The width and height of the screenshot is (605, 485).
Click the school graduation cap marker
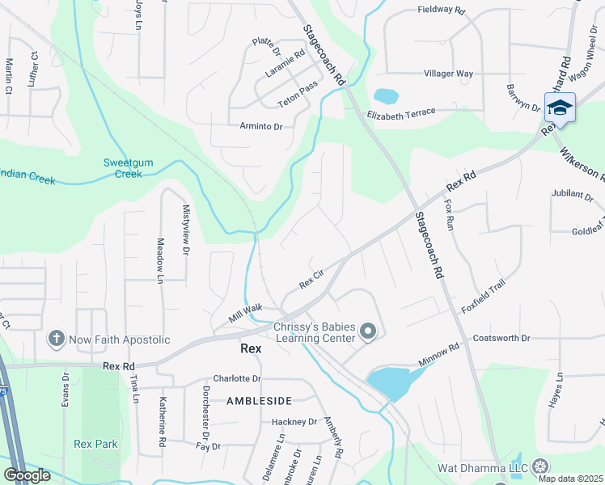[560, 108]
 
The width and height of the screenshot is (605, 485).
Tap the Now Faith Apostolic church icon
[56, 339]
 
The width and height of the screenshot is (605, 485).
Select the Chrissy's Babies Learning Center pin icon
[369, 331]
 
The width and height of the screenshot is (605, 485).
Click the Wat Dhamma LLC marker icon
[539, 467]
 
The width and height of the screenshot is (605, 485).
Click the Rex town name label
[252, 349]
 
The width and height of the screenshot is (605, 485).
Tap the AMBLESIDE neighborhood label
[258, 400]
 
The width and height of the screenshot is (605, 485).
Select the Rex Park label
[95, 444]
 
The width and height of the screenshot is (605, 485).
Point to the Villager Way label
[448, 74]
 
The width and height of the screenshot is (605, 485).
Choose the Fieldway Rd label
[442, 11]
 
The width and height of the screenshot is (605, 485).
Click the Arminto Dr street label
[261, 127]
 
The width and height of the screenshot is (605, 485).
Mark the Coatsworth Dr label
[501, 338]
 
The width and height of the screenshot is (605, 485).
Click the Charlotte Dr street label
[237, 378]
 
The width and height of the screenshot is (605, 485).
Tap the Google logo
[27, 475]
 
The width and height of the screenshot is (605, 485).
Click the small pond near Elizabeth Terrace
[386, 95]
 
